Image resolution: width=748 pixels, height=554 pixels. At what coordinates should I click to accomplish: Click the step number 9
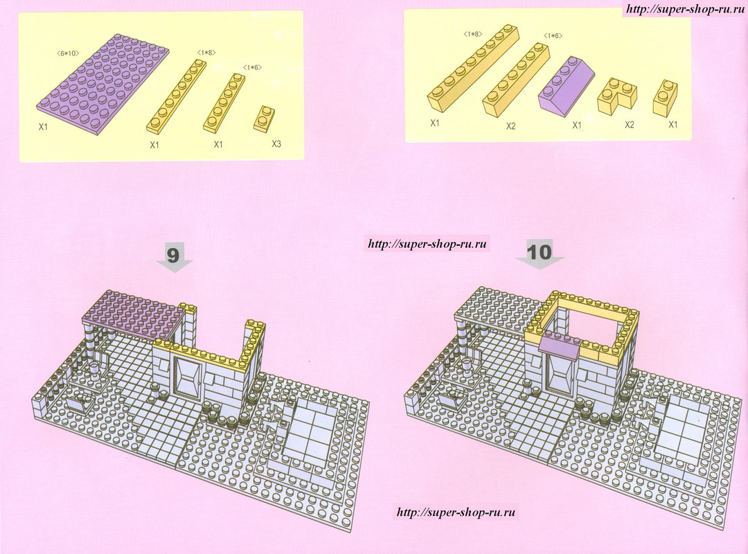click(172, 255)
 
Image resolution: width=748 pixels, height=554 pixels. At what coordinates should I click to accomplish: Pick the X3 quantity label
click(276, 143)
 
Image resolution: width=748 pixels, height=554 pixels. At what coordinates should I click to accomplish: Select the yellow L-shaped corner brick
click(616, 96)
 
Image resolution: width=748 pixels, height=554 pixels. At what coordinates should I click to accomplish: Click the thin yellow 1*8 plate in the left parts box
click(176, 96)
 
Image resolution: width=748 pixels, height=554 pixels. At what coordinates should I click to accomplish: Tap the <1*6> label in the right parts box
click(553, 36)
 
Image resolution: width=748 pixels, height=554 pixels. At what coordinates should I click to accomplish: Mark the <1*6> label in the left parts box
click(252, 67)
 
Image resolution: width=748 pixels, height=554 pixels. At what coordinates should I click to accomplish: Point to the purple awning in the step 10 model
click(560, 343)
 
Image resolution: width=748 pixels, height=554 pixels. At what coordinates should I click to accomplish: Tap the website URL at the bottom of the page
click(456, 512)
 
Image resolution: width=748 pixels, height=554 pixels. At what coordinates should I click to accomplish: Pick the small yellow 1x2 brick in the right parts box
click(666, 98)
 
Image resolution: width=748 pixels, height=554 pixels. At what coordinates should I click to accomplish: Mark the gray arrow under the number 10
click(540, 262)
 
